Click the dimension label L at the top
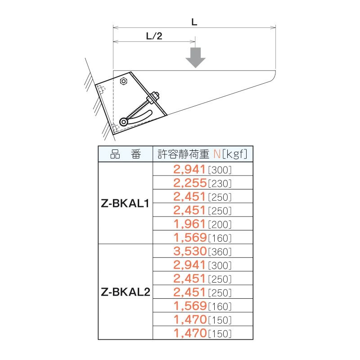click(x=194, y=22)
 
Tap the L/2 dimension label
click(x=154, y=36)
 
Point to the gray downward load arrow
click(x=195, y=58)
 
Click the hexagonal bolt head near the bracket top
click(x=123, y=81)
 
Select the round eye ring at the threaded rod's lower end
click(x=123, y=122)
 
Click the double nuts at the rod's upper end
click(x=153, y=97)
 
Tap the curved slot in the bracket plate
click(x=140, y=117)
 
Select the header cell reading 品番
click(x=126, y=154)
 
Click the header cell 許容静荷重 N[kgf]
click(x=203, y=154)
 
